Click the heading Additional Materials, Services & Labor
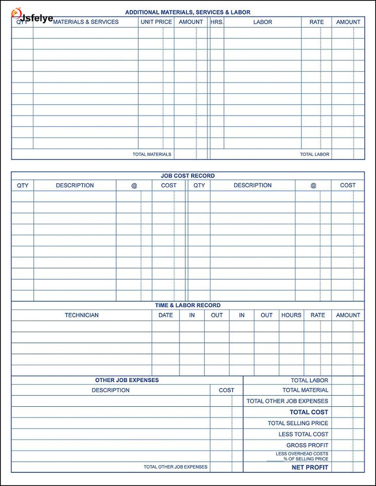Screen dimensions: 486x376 188,12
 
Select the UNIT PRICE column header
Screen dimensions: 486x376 156,22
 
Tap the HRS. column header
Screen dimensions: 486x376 217,22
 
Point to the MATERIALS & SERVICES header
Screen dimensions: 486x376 86,22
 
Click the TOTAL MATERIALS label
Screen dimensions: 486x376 152,155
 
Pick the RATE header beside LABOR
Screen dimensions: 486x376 317,22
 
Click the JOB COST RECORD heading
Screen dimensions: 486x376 188,176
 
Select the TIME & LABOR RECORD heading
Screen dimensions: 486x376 188,305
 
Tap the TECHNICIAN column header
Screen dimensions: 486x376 82,315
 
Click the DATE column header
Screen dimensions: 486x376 165,315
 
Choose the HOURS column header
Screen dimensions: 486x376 291,315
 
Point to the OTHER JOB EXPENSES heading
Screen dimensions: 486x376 127,380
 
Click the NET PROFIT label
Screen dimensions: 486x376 310,468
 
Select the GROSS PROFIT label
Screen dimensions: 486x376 307,445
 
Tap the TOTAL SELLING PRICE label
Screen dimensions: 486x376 298,423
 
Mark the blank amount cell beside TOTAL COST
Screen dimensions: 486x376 348,412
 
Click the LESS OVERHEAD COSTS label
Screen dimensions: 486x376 302,454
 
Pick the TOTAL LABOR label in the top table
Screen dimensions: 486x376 314,155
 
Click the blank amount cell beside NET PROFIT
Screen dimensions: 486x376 348,468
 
